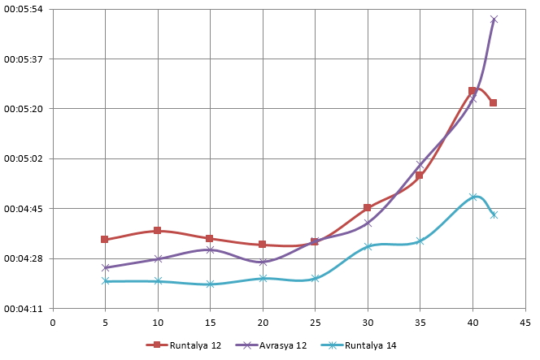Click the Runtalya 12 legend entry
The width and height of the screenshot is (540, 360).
[x=184, y=345]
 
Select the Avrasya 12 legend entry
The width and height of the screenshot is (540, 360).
[x=271, y=345]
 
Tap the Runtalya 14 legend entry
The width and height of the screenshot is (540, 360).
[x=359, y=345]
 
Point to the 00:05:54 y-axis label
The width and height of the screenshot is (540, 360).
[x=24, y=9]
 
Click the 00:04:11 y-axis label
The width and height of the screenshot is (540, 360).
[x=24, y=309]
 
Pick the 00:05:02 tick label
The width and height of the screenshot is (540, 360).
[x=24, y=158]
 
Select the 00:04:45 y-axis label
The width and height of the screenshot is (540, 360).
[x=24, y=209]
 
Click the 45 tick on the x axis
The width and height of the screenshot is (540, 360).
[x=525, y=323]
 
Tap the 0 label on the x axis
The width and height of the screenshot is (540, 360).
[x=53, y=323]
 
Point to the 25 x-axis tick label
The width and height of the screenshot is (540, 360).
[x=315, y=323]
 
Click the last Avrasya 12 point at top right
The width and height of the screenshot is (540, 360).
[x=494, y=20]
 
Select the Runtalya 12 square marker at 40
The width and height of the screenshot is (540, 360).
[x=472, y=91]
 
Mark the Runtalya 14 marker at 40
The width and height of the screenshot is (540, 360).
[x=473, y=197]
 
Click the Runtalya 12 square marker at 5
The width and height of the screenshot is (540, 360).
[x=105, y=239]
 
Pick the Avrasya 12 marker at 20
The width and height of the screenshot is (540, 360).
[x=263, y=262]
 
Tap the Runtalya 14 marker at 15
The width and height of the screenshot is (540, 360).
[x=211, y=284]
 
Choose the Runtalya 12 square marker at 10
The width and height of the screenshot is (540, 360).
[x=158, y=230]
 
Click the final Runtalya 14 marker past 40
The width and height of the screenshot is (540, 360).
[x=494, y=215]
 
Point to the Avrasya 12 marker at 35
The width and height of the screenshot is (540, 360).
[x=420, y=164]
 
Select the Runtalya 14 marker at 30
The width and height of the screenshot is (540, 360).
[x=368, y=246]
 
